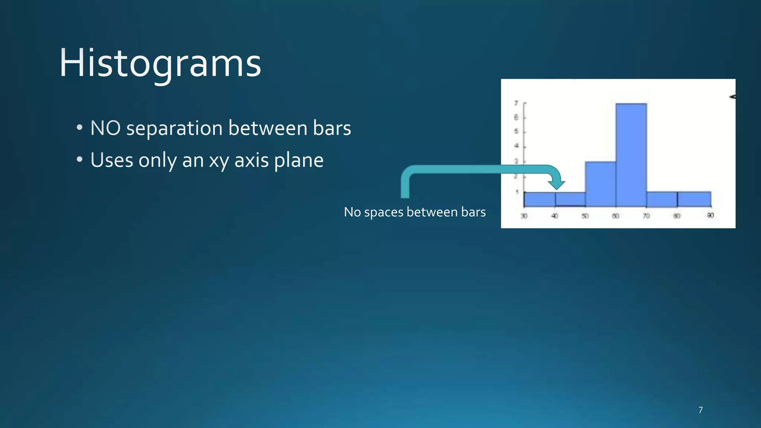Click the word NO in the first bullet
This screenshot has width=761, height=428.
point(105,128)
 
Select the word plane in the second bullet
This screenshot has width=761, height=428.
point(299,161)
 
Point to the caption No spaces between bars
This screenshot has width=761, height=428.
point(415,212)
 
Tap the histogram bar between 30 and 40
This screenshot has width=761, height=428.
point(540,199)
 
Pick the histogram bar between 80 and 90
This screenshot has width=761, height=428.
point(694,199)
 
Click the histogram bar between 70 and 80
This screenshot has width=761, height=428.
point(662,199)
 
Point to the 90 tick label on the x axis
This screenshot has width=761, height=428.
point(710,215)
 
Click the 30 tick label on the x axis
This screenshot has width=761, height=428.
point(524,216)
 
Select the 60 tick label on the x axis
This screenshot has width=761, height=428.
point(616,216)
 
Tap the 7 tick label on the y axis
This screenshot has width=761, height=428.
point(516,103)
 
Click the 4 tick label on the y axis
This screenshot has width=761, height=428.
point(516,146)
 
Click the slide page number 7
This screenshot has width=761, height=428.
point(700,410)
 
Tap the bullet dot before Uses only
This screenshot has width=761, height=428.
point(80,160)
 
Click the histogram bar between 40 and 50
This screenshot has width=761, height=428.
point(570,199)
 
